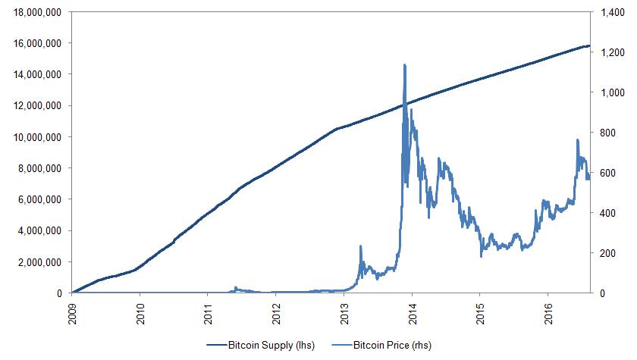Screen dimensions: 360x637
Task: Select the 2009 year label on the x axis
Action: coord(73,312)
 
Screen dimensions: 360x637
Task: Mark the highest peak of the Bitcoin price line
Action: coord(404,65)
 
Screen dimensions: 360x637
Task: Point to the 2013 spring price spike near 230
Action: coord(360,246)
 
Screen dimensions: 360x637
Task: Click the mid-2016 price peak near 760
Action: coord(577,140)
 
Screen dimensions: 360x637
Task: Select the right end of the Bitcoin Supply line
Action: coord(590,46)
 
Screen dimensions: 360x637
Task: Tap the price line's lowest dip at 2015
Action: coord(481,256)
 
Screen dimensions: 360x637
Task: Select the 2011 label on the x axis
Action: coord(209,312)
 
